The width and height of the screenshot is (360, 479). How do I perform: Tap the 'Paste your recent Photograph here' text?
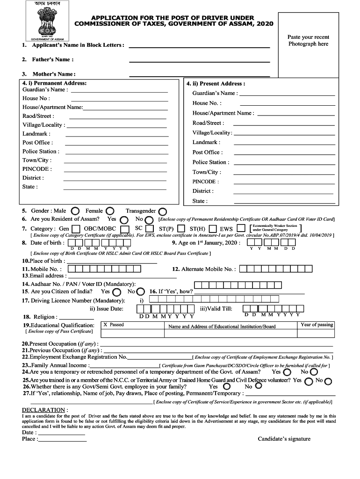click(308, 41)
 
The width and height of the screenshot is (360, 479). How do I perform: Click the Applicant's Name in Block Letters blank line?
click(199, 47)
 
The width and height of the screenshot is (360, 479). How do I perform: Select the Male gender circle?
click(75, 211)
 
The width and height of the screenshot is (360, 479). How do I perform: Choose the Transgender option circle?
click(162, 211)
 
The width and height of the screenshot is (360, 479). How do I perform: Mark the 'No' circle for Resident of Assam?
click(149, 219)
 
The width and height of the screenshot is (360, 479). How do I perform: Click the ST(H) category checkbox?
click(212, 229)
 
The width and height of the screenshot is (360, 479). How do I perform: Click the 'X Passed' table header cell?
click(114, 325)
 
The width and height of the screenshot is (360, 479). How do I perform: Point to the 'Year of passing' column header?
click(317, 325)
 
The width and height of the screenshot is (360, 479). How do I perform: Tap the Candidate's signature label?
click(284, 439)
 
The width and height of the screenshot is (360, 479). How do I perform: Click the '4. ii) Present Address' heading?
click(216, 84)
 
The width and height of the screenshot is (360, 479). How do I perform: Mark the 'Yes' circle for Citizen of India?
click(116, 292)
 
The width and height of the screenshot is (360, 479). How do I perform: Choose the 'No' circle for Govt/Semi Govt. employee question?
click(258, 386)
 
